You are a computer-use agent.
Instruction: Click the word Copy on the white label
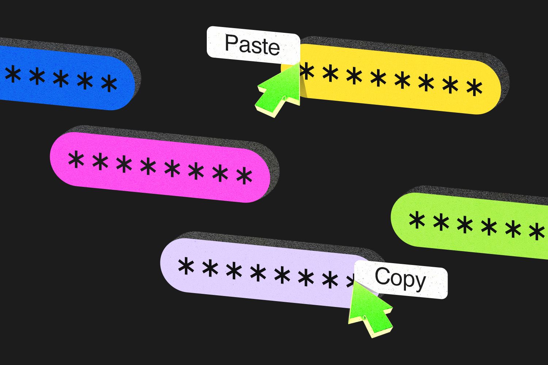(400, 279)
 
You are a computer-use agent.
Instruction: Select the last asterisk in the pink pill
(244, 176)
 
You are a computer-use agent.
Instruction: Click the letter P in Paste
(231, 43)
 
